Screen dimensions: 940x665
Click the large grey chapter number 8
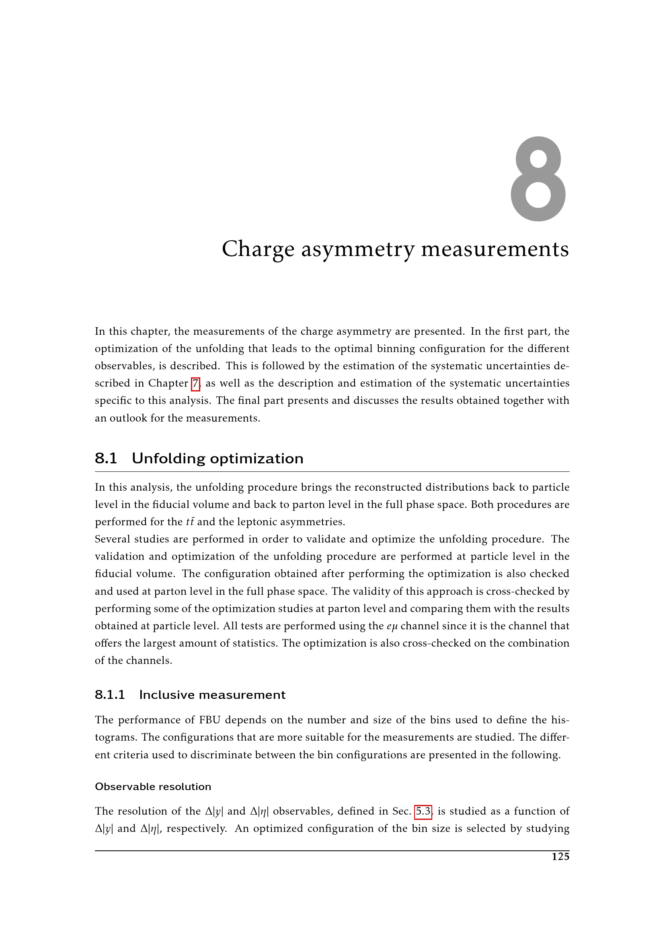pos(538,179)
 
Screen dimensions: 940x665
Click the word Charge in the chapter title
pos(258,249)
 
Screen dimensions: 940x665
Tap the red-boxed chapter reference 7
pos(196,384)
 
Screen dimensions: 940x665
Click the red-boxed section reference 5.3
pos(423,811)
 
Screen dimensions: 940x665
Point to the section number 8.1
pos(106,458)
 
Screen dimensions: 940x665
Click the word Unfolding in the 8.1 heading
pos(168,458)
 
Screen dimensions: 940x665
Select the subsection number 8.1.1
pos(110,695)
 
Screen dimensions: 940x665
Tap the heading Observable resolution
pos(153,786)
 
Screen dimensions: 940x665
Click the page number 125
pos(560,856)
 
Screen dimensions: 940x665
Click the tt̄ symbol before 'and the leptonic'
pos(190,522)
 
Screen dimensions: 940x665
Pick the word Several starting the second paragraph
pos(112,539)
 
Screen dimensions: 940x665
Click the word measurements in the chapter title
pos(495,249)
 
